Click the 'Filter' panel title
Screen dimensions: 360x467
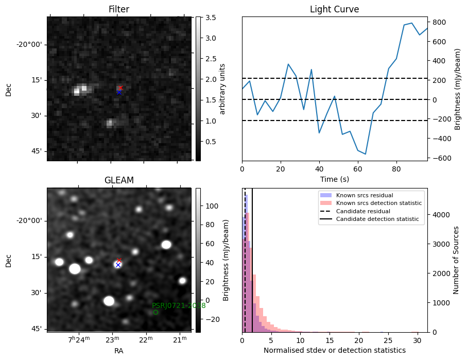[118, 10]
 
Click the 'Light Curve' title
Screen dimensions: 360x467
[334, 10]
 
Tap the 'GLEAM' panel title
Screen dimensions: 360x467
[118, 180]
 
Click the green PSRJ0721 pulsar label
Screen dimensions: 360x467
[179, 305]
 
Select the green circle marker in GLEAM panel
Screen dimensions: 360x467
[155, 312]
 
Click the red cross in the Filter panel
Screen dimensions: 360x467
[120, 88]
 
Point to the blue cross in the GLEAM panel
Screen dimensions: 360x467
[118, 265]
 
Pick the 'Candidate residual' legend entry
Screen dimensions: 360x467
[363, 211]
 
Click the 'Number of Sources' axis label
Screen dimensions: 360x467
[456, 260]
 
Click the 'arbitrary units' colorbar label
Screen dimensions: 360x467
[222, 89]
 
